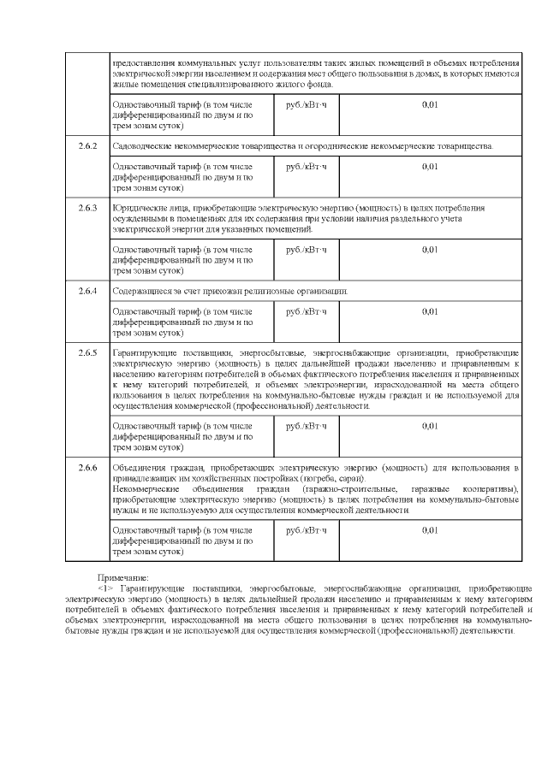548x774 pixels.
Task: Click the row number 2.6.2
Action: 88,146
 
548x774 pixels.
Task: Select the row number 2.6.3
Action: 88,208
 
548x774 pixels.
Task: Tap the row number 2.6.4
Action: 88,292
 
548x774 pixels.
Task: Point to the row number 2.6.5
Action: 88,352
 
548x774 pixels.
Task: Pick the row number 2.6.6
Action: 88,468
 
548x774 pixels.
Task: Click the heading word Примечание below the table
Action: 122,579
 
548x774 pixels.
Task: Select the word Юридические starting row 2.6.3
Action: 140,208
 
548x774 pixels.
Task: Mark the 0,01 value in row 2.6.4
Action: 430,312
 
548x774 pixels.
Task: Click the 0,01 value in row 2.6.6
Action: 430,530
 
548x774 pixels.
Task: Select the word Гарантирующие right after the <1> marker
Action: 149,588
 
